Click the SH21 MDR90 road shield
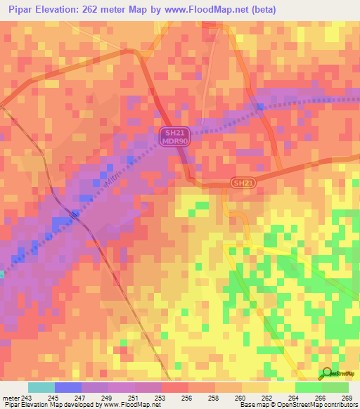coord(175,136)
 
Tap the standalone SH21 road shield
coord(243,183)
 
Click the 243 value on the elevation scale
coord(27,397)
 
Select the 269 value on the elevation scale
coord(347,397)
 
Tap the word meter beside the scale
coord(10,397)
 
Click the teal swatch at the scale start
coord(41,387)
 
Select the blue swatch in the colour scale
coord(67,387)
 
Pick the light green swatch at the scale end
coord(335,387)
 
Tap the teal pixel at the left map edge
coord(2,274)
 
